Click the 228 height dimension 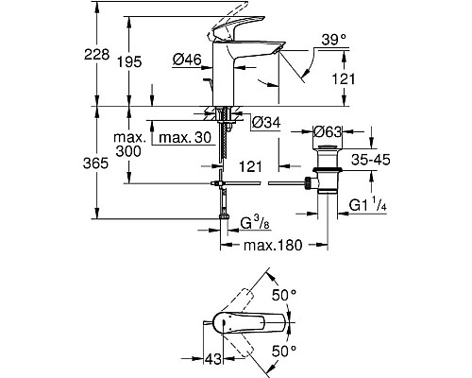click(x=90, y=56)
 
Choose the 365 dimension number click(x=88, y=163)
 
